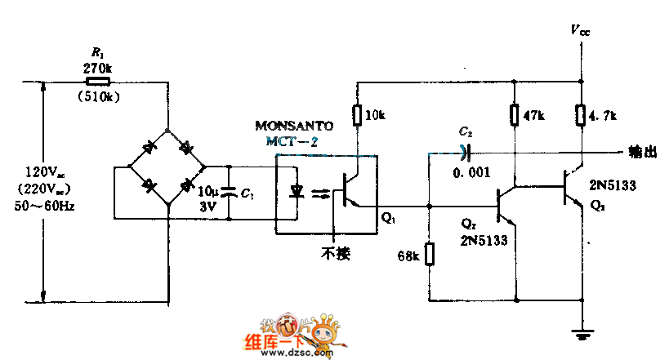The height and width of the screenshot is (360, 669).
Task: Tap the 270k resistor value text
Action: (x=97, y=69)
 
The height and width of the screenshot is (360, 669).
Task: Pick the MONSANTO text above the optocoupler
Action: (x=294, y=127)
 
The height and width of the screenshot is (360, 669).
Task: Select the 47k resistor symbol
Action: (x=514, y=114)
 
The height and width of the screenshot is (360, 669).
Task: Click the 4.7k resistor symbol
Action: (x=581, y=114)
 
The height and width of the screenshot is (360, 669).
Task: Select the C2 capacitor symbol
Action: (x=466, y=151)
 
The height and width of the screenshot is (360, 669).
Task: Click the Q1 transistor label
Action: (x=388, y=220)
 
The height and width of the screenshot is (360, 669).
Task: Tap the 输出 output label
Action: (x=642, y=151)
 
